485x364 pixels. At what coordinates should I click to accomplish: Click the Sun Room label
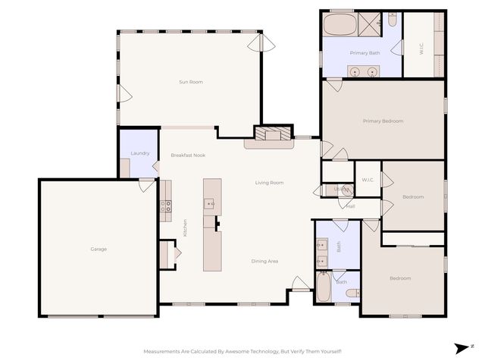click(190, 82)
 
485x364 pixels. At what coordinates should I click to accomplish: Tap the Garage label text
click(99, 249)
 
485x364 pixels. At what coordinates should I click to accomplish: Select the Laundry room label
click(139, 153)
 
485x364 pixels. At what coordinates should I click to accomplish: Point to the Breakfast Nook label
click(188, 155)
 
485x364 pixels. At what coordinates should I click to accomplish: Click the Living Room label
click(269, 183)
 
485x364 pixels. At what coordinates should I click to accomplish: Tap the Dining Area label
click(264, 261)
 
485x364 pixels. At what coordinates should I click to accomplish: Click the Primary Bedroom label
click(383, 121)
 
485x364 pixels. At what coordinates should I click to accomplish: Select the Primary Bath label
click(365, 53)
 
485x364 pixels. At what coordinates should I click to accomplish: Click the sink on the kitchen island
click(211, 203)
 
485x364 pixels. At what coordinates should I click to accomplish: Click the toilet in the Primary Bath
click(392, 20)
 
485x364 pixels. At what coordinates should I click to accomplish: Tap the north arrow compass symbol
click(462, 348)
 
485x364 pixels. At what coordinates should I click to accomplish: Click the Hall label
click(351, 206)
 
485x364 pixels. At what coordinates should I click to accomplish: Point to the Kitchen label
click(185, 227)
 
